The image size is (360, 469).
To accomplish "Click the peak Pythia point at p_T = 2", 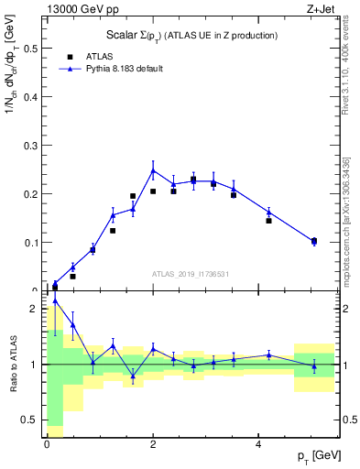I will tap(153, 169).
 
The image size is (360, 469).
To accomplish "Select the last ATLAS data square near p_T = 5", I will tap(314, 241).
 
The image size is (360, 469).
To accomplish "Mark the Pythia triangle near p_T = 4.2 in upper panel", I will tap(268, 212).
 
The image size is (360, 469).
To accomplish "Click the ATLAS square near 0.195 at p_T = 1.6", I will tap(133, 196).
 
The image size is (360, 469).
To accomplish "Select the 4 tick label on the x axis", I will tap(259, 443).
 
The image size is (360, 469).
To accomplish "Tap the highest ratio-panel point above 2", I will tap(55, 300).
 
